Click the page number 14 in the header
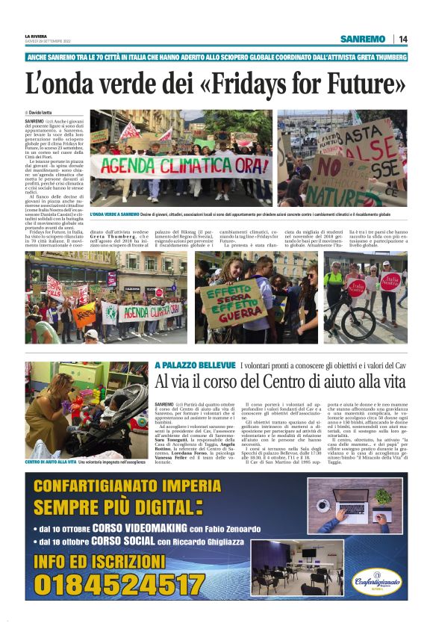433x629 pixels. pos(403,39)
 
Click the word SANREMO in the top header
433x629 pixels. pos(362,39)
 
